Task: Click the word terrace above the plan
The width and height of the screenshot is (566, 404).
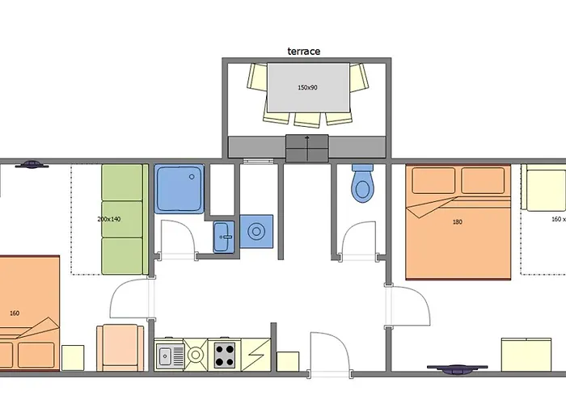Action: (303, 51)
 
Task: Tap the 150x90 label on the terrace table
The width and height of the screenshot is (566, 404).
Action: (307, 87)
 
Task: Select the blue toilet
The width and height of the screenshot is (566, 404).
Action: (362, 183)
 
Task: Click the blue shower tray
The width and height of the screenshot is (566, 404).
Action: (180, 188)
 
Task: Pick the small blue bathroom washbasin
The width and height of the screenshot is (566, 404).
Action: (224, 237)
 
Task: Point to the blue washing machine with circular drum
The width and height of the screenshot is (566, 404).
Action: (256, 231)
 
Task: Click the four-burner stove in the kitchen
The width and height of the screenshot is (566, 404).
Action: (225, 355)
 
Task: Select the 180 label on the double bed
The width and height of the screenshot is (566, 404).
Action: (457, 222)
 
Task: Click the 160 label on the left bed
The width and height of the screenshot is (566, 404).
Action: (15, 314)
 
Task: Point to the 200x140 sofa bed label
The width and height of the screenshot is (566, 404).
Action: (109, 219)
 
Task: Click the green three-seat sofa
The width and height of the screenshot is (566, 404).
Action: (125, 219)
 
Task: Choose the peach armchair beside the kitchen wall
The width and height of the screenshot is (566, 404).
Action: (120, 347)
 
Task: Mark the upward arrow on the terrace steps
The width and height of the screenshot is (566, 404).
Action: (307, 148)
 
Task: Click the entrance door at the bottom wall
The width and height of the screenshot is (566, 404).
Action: (330, 355)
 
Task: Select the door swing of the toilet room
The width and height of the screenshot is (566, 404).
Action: (359, 241)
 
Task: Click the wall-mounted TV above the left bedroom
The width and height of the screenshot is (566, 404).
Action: (32, 165)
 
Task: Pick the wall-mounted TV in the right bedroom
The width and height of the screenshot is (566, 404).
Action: (457, 369)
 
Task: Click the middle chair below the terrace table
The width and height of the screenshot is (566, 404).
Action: (307, 120)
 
